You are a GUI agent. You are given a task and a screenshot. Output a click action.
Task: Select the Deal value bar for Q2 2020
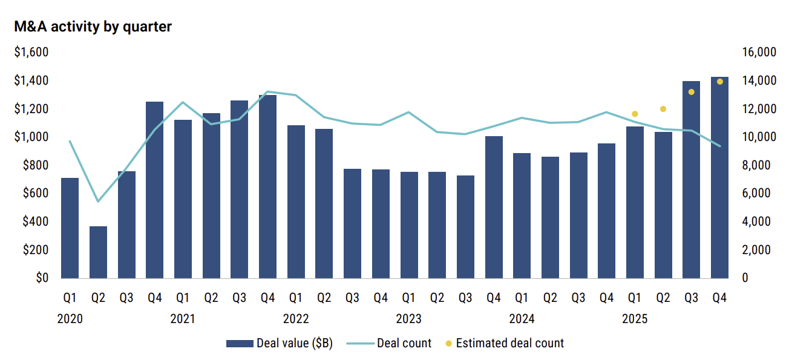point(98,252)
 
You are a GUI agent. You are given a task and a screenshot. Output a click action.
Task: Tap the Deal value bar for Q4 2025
point(719,177)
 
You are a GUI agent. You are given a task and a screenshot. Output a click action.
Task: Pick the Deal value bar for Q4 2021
point(267,186)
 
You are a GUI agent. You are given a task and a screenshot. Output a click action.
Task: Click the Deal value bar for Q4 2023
point(494,207)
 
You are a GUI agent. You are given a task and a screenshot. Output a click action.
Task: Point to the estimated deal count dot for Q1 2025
point(635,114)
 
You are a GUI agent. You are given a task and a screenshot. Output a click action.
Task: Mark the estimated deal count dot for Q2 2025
point(663,109)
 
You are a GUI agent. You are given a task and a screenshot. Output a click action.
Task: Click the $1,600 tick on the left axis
point(31,53)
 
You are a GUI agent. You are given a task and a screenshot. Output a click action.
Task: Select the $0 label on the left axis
point(39,278)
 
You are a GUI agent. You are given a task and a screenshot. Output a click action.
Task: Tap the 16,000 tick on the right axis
point(758,53)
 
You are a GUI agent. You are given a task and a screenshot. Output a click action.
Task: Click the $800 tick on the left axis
point(35,165)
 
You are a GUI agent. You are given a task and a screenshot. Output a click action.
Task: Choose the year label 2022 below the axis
point(296,319)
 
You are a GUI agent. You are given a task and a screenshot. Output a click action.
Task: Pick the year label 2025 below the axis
point(635,319)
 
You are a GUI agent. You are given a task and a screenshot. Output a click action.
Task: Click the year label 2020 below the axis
point(70,319)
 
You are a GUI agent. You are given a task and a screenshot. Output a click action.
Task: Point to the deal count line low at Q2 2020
point(98,201)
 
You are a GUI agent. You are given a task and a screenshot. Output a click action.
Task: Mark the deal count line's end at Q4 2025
point(719,146)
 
